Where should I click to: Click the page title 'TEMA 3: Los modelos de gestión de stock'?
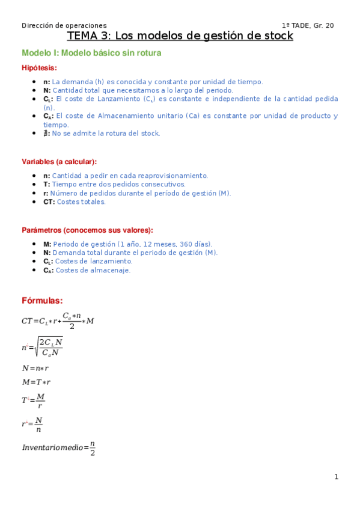[x=180, y=36]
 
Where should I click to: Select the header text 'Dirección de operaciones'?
[x=64, y=25]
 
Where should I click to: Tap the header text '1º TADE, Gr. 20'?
[x=308, y=25]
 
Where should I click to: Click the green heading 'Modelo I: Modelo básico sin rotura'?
[x=91, y=53]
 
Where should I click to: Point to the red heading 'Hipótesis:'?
[x=40, y=68]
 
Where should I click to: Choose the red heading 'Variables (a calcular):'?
[x=59, y=162]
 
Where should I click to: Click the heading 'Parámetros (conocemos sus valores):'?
[x=87, y=230]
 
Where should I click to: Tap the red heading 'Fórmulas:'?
[x=42, y=301]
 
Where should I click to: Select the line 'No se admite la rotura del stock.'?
[x=106, y=134]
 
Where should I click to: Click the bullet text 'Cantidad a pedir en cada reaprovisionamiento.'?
[x=130, y=176]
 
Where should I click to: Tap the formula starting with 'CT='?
[x=58, y=321]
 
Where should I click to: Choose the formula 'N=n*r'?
[x=35, y=368]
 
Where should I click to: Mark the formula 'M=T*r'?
[x=36, y=382]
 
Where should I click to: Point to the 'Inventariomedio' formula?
[x=59, y=448]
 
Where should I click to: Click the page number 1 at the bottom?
[x=337, y=477]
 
